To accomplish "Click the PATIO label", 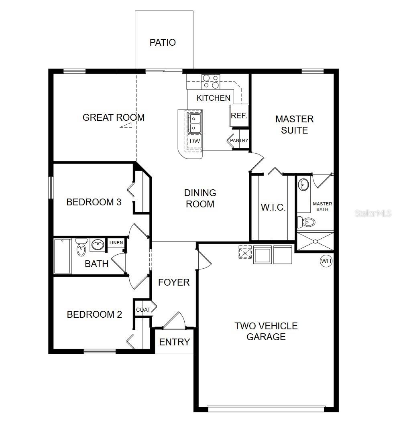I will (163, 43).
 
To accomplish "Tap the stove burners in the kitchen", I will (210, 81).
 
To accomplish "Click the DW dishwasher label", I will (195, 141).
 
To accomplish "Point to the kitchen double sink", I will (195, 123).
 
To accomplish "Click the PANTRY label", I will (239, 141).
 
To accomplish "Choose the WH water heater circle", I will (326, 261).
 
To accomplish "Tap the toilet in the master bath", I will (307, 221).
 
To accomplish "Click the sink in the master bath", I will (304, 185).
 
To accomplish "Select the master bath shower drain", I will (316, 241).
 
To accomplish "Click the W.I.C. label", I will (273, 208).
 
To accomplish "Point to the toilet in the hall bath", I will (81, 247).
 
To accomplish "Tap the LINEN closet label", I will (116, 243).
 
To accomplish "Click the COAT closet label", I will (143, 310).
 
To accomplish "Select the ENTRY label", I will (174, 342).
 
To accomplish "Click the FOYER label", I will (173, 282).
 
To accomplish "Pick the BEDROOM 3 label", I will (94, 202).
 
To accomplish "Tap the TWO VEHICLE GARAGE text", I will (266, 331).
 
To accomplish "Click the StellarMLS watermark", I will (373, 213).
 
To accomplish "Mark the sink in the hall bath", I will (97, 244).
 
